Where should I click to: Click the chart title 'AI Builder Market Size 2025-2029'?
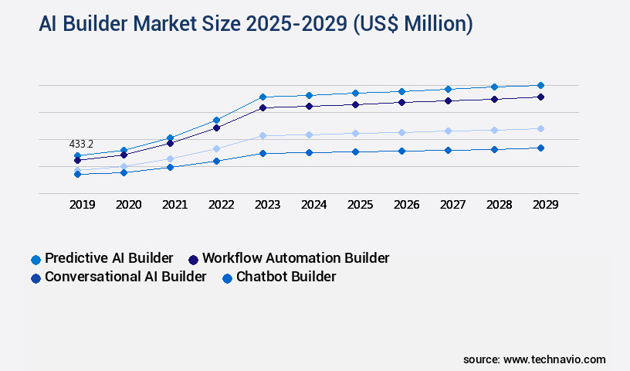pyautogui.click(x=256, y=24)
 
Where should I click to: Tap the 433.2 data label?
pyautogui.click(x=81, y=144)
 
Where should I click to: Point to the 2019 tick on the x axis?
pyautogui.click(x=82, y=205)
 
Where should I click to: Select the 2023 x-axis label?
pyautogui.click(x=267, y=205)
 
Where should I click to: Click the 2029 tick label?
pyautogui.click(x=545, y=205)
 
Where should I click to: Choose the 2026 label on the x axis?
pyautogui.click(x=406, y=205)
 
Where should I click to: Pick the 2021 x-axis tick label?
pyautogui.click(x=174, y=205)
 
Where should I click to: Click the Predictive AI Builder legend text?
pyautogui.click(x=109, y=258)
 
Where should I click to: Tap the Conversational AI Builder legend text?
pyautogui.click(x=126, y=277)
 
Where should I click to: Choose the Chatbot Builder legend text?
pyautogui.click(x=286, y=277)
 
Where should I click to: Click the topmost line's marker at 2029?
pyautogui.click(x=540, y=85)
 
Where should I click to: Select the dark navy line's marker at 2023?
pyautogui.click(x=262, y=107)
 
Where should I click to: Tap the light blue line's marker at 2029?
pyautogui.click(x=540, y=128)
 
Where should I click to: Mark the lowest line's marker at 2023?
pyautogui.click(x=262, y=153)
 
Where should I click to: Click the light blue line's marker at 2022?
pyautogui.click(x=216, y=148)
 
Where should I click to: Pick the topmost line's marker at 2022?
pyautogui.click(x=216, y=120)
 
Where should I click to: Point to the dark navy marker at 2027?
pyautogui.click(x=448, y=100)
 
